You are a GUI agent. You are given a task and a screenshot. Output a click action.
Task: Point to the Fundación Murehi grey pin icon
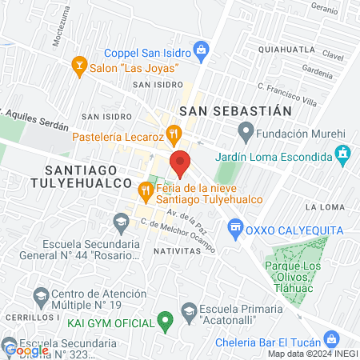pos(246,130)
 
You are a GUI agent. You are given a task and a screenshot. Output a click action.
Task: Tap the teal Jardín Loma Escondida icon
pos(343,153)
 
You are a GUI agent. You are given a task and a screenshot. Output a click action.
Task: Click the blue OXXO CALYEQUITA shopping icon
pos(236,230)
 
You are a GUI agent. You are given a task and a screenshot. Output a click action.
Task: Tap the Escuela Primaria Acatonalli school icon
pos(189,310)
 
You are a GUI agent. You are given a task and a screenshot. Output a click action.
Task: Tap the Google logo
pos(27,349)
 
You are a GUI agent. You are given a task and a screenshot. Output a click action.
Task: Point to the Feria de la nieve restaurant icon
pos(145,190)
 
